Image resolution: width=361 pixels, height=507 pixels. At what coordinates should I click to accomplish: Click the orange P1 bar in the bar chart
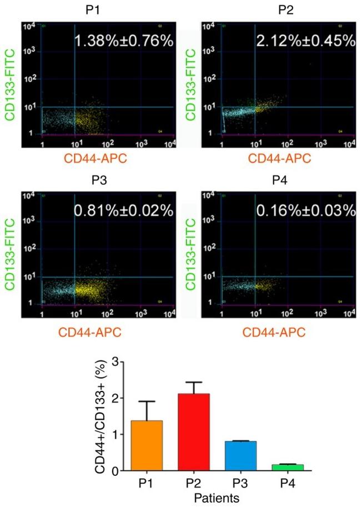(x=148, y=445)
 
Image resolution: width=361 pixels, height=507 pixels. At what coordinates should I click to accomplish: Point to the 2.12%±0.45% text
(x=304, y=40)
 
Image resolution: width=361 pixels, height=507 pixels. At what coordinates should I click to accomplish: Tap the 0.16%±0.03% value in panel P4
(x=304, y=210)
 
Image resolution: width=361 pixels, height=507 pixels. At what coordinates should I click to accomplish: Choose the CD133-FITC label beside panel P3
(x=9, y=254)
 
